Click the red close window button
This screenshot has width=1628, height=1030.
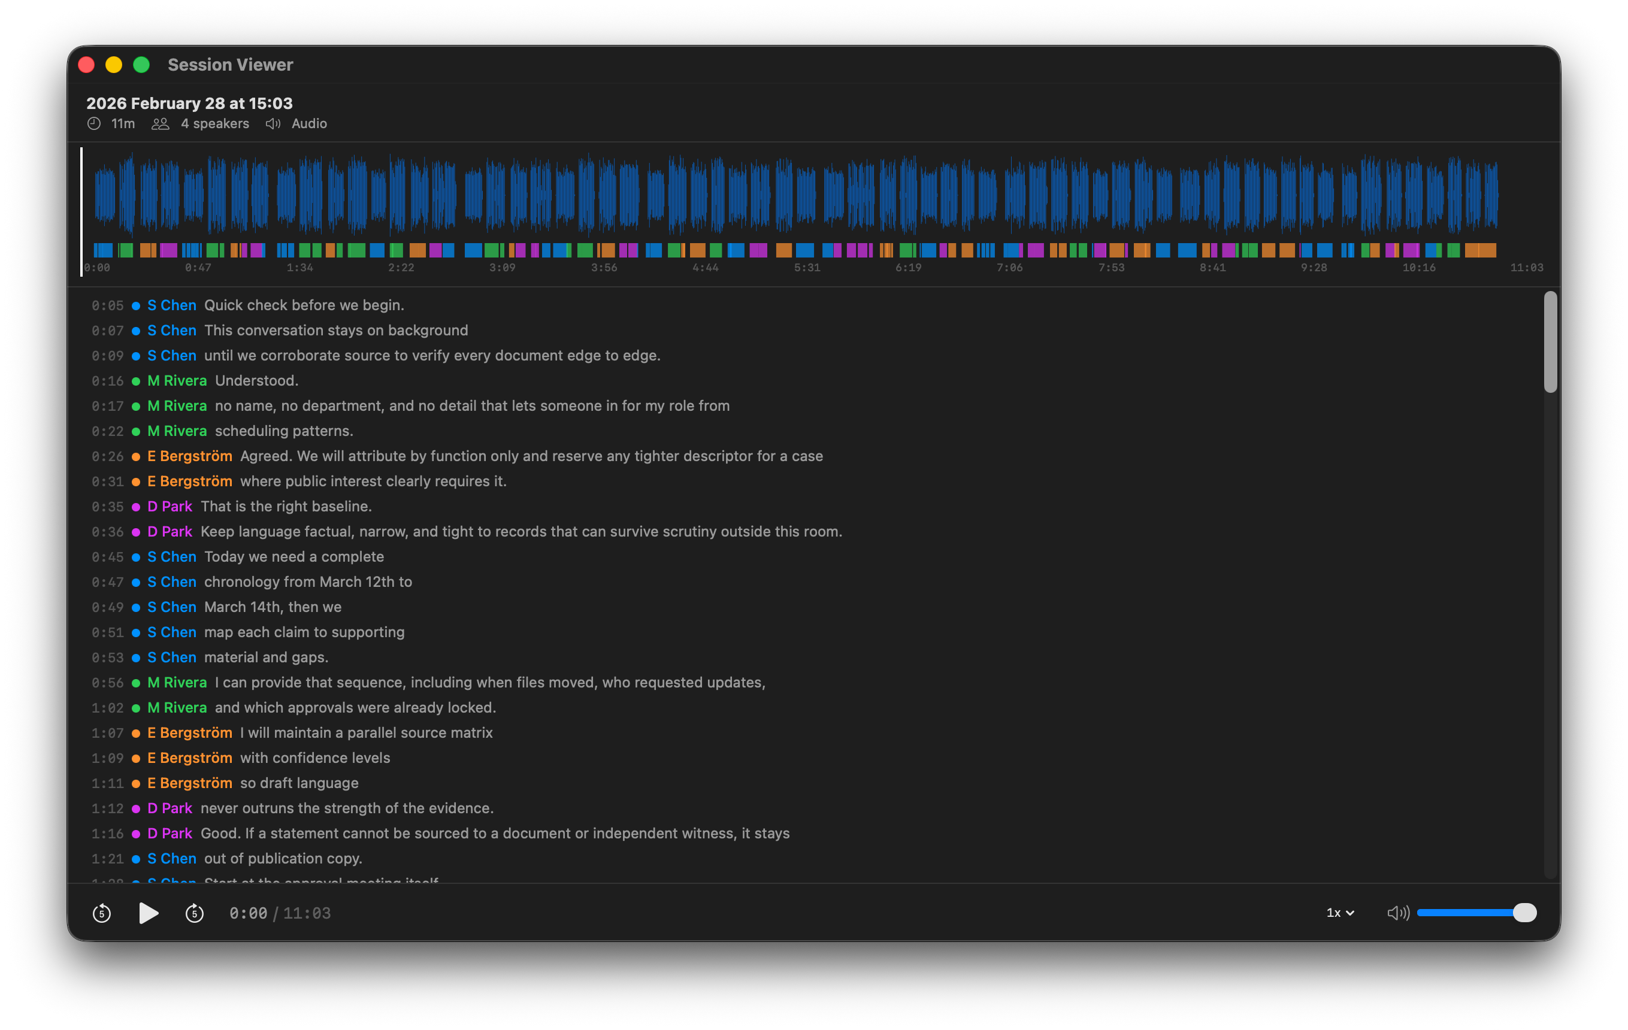point(86,65)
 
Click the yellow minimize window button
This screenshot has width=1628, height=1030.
point(114,65)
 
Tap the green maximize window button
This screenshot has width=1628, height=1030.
point(141,65)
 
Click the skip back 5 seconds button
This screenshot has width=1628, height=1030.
point(101,913)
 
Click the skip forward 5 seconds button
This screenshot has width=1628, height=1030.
point(195,913)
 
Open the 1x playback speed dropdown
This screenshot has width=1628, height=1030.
point(1340,913)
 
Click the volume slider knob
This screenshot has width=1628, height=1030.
point(1524,913)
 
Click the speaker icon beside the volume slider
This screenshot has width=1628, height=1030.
point(1397,913)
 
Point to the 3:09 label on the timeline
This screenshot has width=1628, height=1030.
point(503,268)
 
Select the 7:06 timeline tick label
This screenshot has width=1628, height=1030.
point(1009,268)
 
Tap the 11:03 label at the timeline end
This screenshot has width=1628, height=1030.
point(1527,268)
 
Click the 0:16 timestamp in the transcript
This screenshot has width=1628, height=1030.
point(107,381)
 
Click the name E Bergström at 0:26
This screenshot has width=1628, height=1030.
point(190,456)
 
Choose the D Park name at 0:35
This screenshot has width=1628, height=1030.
point(170,506)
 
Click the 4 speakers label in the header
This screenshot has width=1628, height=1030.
point(214,124)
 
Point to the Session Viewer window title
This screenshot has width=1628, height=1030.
point(231,65)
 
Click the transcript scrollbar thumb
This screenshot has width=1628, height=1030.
point(1550,341)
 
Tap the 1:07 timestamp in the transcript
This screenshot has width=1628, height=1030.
point(107,734)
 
